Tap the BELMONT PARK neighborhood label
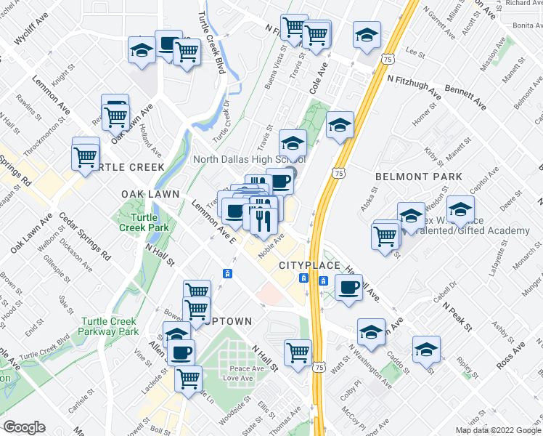tap(419, 177)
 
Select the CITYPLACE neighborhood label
tap(310, 266)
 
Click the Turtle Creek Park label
tap(150, 222)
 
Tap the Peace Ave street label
tap(242, 369)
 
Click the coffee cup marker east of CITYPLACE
tap(348, 288)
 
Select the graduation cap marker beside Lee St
tap(367, 34)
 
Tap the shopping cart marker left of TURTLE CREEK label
tap(86, 156)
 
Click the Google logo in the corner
tap(24, 427)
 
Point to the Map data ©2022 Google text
tap(498, 430)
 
